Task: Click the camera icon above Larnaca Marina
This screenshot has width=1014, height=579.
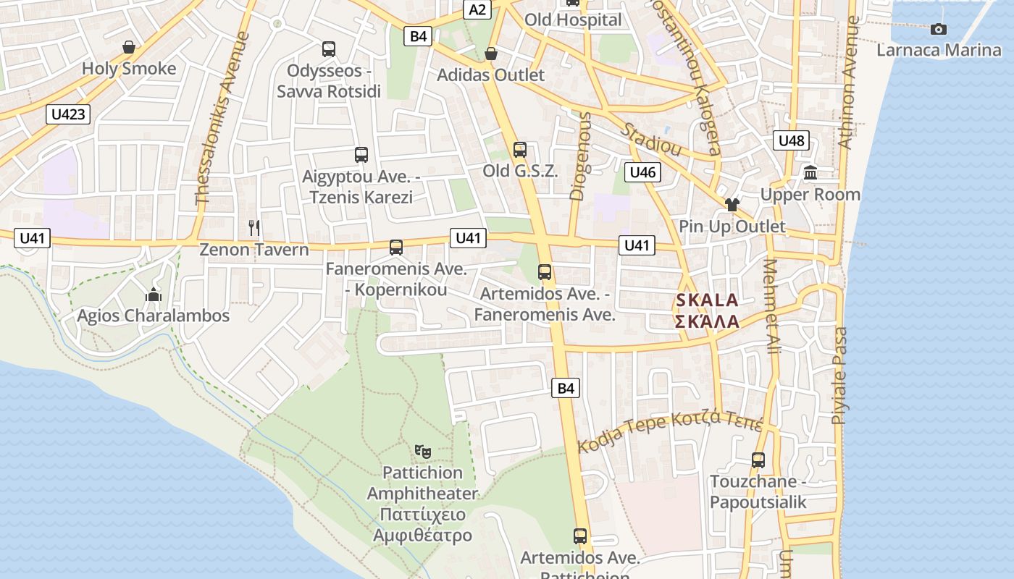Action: (939, 29)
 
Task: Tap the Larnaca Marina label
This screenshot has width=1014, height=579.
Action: (939, 50)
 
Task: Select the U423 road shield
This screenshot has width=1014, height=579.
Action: (69, 114)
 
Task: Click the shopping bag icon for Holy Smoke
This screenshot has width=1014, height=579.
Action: (129, 48)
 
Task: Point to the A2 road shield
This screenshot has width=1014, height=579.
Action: (478, 9)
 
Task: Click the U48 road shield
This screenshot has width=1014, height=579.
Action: (791, 140)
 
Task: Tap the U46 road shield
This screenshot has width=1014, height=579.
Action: (642, 172)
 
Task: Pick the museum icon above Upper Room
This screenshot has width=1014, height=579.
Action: (810, 174)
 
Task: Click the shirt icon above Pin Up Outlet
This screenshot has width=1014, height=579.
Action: (732, 205)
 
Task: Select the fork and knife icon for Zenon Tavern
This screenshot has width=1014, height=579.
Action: (254, 228)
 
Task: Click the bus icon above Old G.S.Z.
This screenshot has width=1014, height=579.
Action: (520, 151)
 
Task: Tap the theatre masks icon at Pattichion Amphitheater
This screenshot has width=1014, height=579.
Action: (423, 452)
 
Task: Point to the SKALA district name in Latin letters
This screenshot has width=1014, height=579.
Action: (707, 300)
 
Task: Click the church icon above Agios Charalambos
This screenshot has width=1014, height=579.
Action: (153, 295)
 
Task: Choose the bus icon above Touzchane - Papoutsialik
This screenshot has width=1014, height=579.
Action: (758, 460)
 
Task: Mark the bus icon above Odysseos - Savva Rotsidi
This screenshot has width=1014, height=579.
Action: (329, 49)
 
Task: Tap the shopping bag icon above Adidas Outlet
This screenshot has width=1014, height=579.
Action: (491, 54)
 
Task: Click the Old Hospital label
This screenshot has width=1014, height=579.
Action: (573, 20)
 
